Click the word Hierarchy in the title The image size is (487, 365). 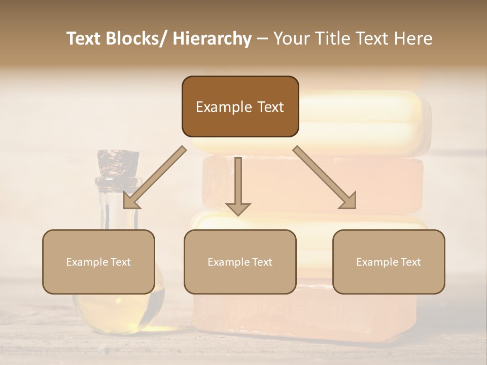[x=212, y=39]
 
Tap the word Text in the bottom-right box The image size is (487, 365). [x=410, y=262]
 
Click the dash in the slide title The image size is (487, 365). [x=262, y=39]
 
